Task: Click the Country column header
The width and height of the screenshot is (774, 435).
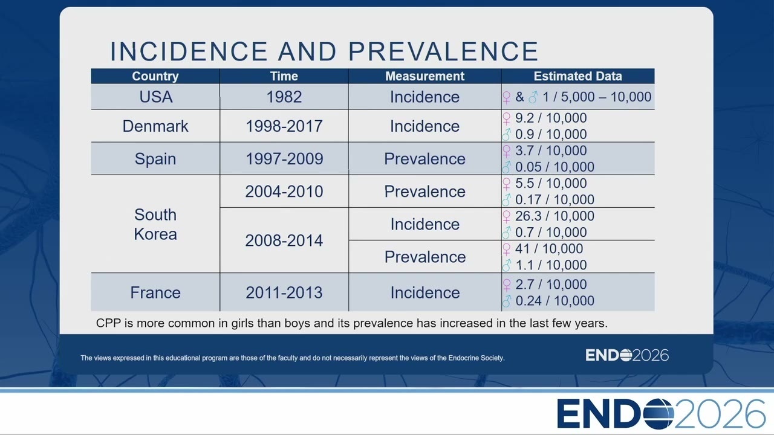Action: (155, 76)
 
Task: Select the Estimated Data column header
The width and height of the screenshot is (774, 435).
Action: (577, 76)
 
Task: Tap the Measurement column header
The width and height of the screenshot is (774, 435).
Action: (424, 76)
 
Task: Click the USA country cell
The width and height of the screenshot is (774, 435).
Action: (156, 97)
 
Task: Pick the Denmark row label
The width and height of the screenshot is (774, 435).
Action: (155, 126)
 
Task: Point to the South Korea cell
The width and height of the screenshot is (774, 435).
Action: (155, 224)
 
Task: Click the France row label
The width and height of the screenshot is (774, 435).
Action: (155, 293)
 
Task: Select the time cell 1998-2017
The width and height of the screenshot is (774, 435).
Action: (284, 126)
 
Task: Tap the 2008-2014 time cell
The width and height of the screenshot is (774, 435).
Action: (284, 240)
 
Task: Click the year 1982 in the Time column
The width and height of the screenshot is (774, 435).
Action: (284, 97)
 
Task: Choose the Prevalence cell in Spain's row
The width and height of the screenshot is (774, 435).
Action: (424, 159)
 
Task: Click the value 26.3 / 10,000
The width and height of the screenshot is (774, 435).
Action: (554, 216)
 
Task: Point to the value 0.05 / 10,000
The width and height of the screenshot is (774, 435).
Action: (554, 167)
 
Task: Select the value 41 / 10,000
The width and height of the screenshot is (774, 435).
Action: (549, 248)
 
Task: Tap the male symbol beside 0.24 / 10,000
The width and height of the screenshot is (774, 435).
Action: (507, 301)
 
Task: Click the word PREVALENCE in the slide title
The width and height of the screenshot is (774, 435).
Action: (443, 51)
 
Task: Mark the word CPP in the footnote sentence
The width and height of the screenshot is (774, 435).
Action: (108, 323)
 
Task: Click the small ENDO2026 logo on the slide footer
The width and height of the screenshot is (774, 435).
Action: (627, 355)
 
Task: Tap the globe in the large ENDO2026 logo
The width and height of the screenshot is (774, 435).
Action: (659, 414)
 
